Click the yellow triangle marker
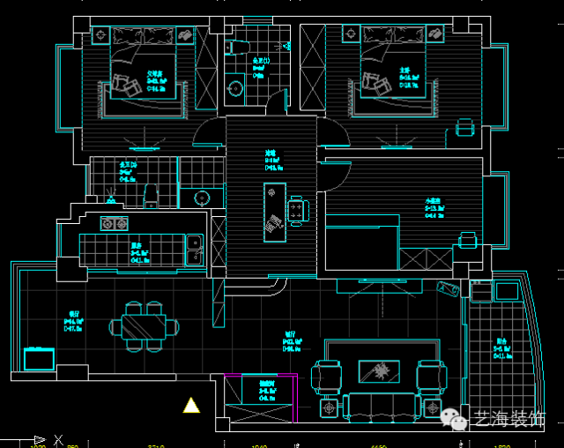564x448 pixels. (190, 406)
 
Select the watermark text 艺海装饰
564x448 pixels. (509, 420)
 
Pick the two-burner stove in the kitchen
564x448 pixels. (114, 223)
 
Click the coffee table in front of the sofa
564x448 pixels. (381, 371)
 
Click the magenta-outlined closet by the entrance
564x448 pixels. (260, 399)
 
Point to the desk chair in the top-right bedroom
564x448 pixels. (464, 129)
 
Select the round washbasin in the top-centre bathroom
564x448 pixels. (235, 87)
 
